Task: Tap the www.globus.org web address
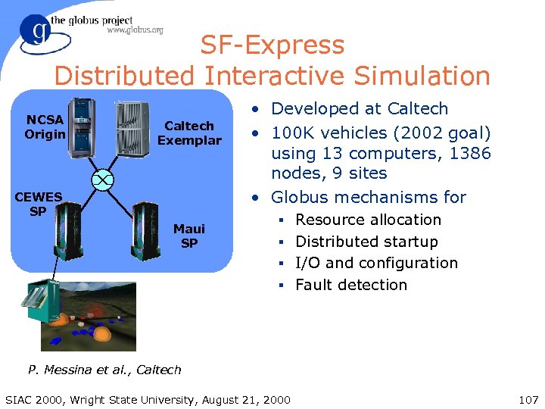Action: (135, 30)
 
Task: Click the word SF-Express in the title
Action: (272, 45)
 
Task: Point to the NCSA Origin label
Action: (45, 126)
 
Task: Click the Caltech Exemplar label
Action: (189, 133)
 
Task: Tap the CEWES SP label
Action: (37, 204)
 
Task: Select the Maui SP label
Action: (189, 235)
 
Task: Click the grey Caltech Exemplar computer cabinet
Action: (132, 128)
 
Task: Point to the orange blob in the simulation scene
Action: (101, 333)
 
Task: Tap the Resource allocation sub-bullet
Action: (368, 220)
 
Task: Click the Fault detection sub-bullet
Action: (351, 285)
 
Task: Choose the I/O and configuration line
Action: (376, 263)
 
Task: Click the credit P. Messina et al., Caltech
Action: (104, 370)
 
